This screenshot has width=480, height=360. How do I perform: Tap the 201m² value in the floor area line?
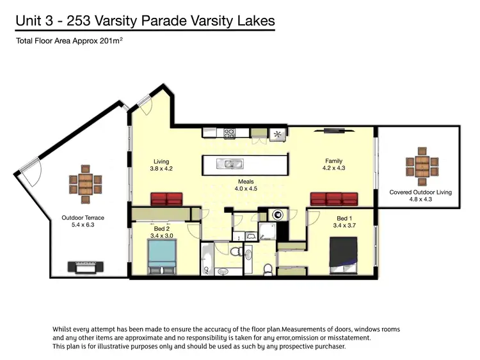[108, 42]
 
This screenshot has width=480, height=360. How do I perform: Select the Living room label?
[161, 161]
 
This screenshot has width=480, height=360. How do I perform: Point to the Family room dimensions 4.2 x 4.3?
[333, 169]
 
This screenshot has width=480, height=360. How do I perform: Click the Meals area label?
[246, 182]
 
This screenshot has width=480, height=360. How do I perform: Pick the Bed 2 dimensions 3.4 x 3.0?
[161, 235]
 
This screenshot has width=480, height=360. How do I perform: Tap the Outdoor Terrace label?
[83, 217]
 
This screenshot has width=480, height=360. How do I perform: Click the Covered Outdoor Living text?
[420, 192]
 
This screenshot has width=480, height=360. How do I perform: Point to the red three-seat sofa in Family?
[333, 198]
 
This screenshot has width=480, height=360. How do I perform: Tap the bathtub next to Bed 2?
[207, 260]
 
